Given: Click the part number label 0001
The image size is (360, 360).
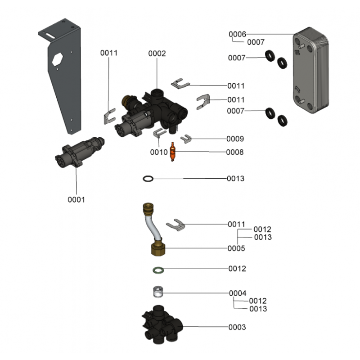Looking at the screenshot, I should [76, 200].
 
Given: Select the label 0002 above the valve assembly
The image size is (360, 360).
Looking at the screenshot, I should [157, 54].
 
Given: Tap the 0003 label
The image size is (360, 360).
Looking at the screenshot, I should [237, 327].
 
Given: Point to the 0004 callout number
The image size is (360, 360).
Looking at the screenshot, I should [238, 293].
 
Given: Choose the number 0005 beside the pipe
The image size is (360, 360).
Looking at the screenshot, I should [236, 248].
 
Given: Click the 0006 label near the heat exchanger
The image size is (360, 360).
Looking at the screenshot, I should [237, 34].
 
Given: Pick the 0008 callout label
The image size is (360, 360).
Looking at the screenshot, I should [235, 153].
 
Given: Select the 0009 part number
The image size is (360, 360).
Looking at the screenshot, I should [235, 139].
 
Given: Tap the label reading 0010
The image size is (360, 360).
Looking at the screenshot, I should [159, 153].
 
